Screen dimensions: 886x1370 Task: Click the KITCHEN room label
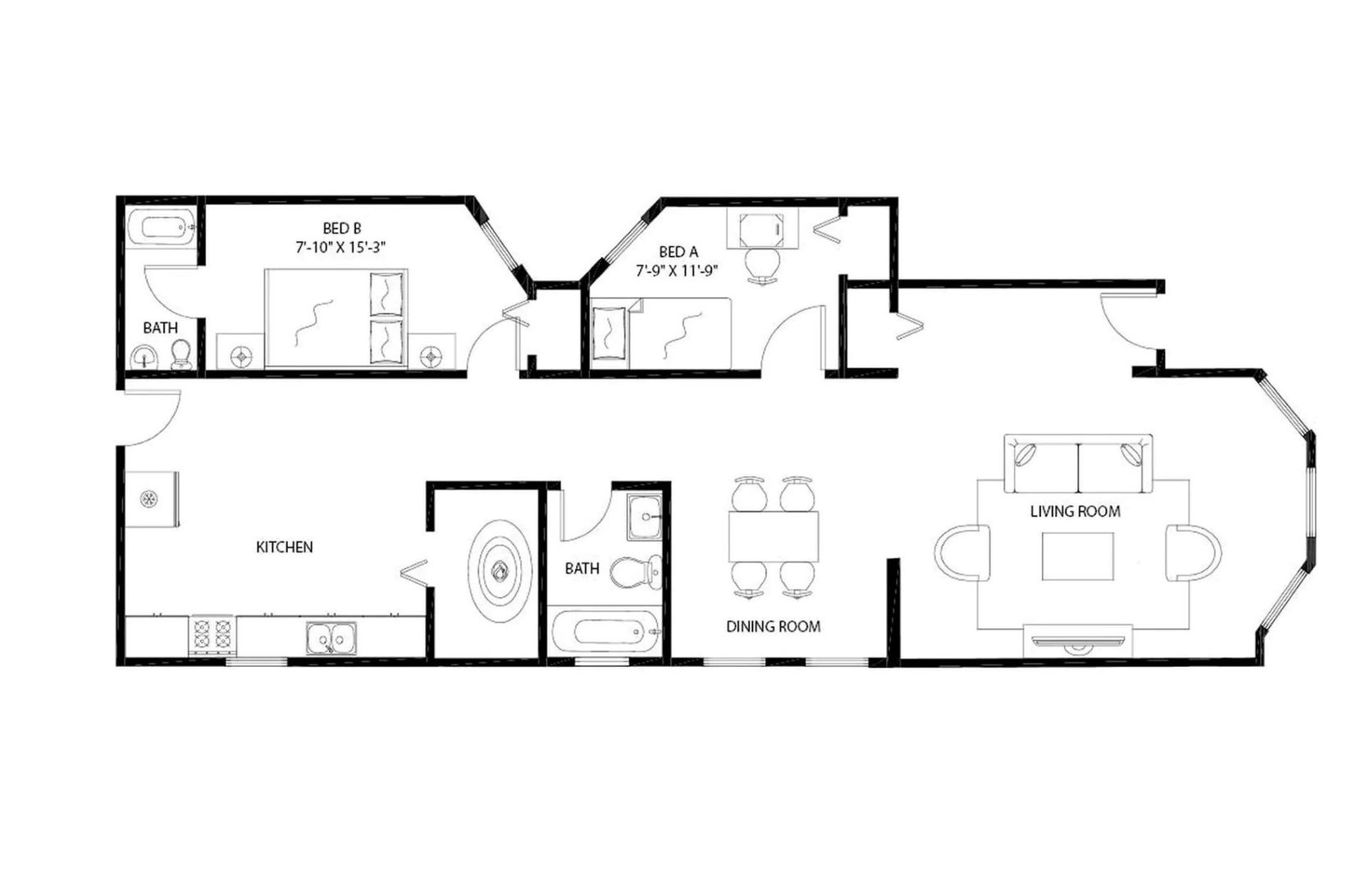(x=285, y=547)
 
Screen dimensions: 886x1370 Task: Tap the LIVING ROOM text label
(x=1075, y=511)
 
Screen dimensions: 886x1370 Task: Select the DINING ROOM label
(x=773, y=627)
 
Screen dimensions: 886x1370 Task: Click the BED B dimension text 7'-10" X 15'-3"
(x=340, y=247)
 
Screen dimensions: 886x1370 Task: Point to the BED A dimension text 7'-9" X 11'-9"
(x=678, y=271)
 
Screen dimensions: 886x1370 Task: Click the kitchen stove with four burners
(x=212, y=635)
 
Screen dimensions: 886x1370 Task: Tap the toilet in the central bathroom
(x=637, y=573)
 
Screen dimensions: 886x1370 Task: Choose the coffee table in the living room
(x=1078, y=556)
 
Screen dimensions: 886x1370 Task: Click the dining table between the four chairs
(x=774, y=537)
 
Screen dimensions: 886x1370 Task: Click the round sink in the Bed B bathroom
(x=145, y=358)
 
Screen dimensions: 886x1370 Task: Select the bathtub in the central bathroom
(x=605, y=633)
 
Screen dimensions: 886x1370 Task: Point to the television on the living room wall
(x=1078, y=641)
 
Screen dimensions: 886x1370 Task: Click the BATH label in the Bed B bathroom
(x=160, y=328)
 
